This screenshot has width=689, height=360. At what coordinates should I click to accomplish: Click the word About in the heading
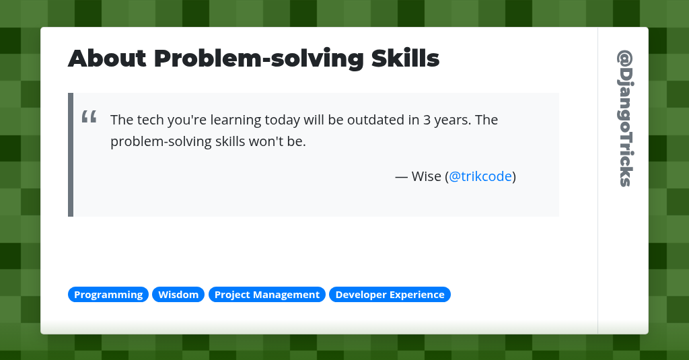107,59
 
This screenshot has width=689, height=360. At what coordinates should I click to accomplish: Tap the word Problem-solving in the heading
259,59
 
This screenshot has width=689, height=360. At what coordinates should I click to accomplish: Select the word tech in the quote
148,120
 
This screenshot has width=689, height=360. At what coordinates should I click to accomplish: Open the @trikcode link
480,176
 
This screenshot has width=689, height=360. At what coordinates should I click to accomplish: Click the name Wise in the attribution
426,176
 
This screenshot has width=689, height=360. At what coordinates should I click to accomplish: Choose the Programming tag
108,295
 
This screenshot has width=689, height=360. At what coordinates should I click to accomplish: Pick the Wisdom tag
178,295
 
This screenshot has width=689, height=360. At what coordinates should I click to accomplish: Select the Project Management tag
267,295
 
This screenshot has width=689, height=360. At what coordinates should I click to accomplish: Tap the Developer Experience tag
390,295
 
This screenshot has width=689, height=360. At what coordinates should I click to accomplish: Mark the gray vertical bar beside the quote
71,155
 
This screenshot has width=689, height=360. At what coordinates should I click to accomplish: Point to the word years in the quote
454,120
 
